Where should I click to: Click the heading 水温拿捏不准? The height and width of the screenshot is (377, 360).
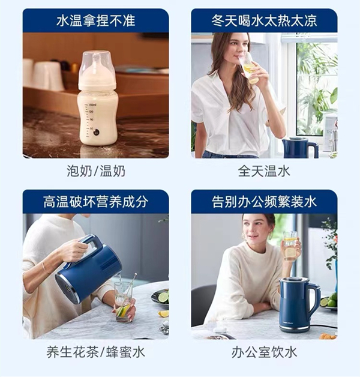[x=95, y=20]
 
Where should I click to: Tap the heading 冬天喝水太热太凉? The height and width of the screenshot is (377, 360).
[x=264, y=20]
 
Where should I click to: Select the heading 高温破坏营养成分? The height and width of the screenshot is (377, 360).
[x=95, y=202]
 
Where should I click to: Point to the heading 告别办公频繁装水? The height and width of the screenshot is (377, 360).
[x=264, y=202]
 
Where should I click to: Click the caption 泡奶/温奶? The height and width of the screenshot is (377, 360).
[x=96, y=172]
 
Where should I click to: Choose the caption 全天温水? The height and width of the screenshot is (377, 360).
[x=264, y=172]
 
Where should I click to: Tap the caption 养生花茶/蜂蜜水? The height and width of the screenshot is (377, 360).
[x=95, y=352]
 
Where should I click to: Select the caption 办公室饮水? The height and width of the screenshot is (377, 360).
[x=264, y=352]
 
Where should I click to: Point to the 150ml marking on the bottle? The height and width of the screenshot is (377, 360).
[x=92, y=105]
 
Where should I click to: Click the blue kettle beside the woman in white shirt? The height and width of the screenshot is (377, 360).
[x=299, y=148]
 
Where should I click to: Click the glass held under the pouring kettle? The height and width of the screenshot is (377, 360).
[x=124, y=302]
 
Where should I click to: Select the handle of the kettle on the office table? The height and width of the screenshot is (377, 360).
[x=314, y=300]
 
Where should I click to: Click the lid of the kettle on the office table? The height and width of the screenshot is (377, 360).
[x=293, y=280]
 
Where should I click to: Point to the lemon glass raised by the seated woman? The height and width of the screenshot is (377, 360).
[x=290, y=246]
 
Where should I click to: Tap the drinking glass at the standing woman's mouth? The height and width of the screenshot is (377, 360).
[x=250, y=68]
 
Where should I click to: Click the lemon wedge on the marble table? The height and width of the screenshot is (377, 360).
[x=163, y=313]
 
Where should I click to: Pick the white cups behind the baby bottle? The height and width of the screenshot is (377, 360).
[x=44, y=74]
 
